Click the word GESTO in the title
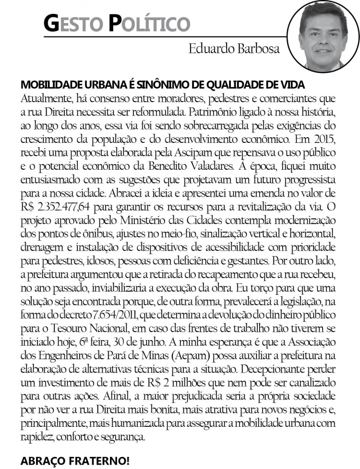(73, 23)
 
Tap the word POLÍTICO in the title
(150, 23)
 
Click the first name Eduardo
(209, 49)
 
